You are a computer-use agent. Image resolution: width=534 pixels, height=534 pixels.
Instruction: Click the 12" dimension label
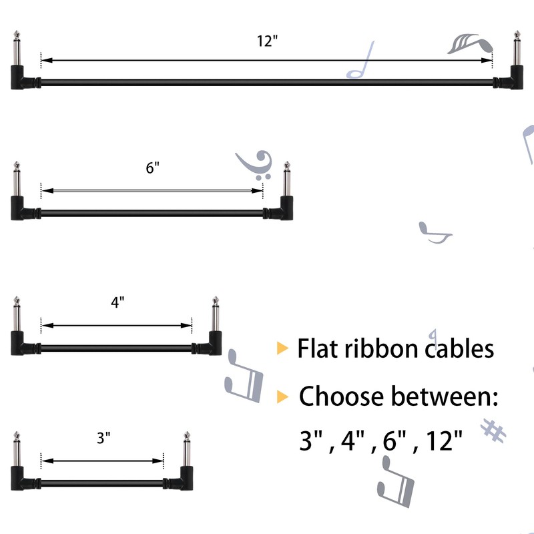266,41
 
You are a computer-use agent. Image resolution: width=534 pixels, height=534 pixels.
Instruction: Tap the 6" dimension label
153,168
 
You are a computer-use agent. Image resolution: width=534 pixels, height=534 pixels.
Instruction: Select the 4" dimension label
117,302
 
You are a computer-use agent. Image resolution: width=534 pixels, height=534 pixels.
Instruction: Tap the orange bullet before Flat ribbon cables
283,348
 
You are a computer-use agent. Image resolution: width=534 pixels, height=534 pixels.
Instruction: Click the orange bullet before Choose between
283,396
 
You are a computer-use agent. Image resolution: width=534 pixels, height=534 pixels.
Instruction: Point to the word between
445,396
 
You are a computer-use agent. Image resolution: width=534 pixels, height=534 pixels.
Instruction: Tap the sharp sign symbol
494,431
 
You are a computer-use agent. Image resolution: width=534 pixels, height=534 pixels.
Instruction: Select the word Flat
318,348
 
